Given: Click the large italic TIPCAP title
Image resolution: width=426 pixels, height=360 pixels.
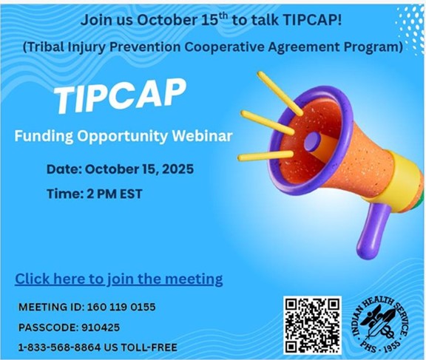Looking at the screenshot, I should [122, 96].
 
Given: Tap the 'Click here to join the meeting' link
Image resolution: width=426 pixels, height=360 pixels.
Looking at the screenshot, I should [119, 279].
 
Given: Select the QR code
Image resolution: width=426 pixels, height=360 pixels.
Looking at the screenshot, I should [312, 324].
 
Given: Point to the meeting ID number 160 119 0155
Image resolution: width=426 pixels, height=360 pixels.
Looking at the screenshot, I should [121, 307].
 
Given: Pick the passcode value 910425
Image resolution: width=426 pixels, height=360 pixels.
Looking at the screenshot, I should [99, 327].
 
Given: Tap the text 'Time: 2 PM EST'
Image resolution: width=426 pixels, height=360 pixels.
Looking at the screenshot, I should [95, 194].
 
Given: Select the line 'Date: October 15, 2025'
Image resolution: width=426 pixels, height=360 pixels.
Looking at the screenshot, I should [120, 169].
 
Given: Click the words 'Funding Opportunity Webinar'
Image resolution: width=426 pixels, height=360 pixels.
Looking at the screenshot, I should [124, 136].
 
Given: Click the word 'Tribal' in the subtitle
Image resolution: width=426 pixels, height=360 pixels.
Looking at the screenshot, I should [48, 47].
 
